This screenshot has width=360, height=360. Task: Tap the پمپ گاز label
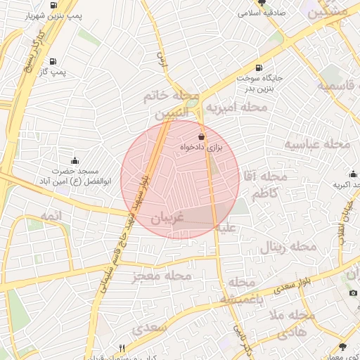click(x=53, y=72)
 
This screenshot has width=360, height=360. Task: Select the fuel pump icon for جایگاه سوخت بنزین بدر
click(x=259, y=69)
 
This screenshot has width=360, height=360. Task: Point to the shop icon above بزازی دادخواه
click(x=201, y=136)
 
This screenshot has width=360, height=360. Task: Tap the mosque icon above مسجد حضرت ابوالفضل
click(x=75, y=161)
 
